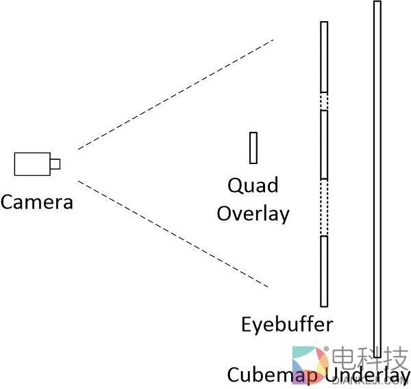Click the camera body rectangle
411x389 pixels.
tap(32, 163)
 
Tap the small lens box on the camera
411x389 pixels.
tap(55, 163)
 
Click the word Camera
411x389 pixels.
tap(37, 202)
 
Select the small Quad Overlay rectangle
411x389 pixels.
tap(253, 148)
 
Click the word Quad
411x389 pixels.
tap(253, 185)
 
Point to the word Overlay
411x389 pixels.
tap(253, 213)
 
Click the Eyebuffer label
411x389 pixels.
tap(287, 323)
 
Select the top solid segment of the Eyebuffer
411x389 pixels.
tap(324, 57)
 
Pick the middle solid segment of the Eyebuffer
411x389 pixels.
tap(324, 144)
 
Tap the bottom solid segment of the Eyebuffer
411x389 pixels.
tap(324, 271)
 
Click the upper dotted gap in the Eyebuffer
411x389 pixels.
tap(324, 101)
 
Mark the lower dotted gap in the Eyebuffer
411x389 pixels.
tap(324, 207)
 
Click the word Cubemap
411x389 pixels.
tap(273, 375)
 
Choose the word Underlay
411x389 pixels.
tap(367, 375)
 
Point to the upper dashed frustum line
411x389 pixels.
tap(175, 94)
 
